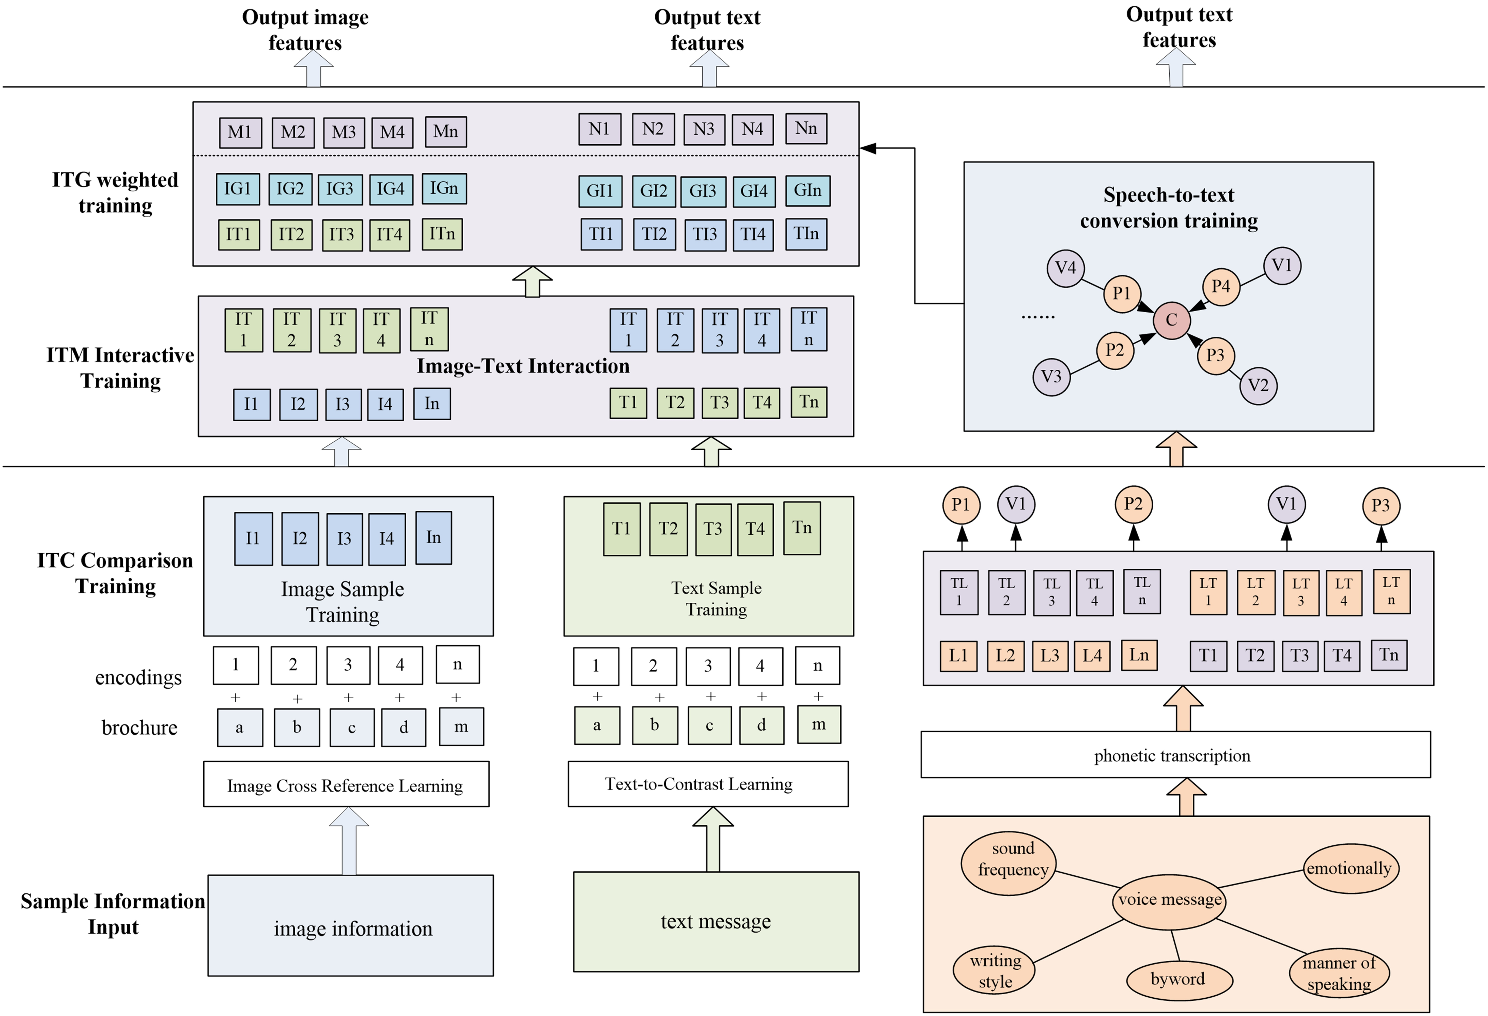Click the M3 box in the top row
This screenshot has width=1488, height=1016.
coord(344,132)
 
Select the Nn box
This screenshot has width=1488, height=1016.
coord(806,129)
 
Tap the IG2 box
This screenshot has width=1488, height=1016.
coord(290,189)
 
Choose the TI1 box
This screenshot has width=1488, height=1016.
coord(601,234)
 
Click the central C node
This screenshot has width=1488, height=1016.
coord(1171,320)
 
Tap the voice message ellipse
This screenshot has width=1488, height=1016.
coord(1170,900)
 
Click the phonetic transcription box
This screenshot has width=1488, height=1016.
coord(1175,755)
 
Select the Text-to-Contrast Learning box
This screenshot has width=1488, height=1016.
coord(707,784)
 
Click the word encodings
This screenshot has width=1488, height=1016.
coord(138,677)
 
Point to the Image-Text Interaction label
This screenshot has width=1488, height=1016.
coord(523,366)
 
